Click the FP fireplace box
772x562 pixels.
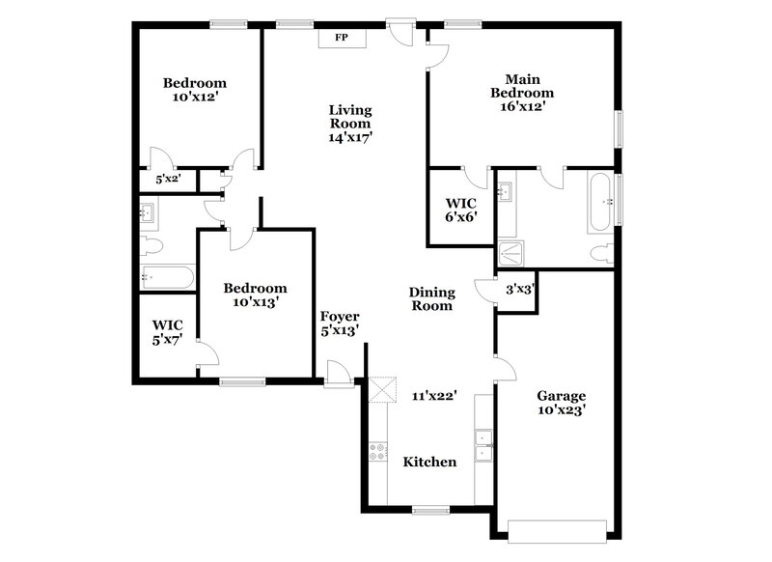341,38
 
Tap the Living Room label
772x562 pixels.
349,117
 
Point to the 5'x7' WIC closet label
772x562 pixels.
167,333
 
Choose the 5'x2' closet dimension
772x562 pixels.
167,180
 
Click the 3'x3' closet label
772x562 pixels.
520,289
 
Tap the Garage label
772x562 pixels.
562,396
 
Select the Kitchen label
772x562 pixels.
429,462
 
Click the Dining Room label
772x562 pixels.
430,298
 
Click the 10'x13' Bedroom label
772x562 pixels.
255,295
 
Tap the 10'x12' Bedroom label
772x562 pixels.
194,90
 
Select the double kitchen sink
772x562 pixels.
482,444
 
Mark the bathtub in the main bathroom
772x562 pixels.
599,203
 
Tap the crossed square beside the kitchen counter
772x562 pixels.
384,390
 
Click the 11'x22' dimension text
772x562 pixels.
433,395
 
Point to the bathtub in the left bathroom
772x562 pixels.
169,277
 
